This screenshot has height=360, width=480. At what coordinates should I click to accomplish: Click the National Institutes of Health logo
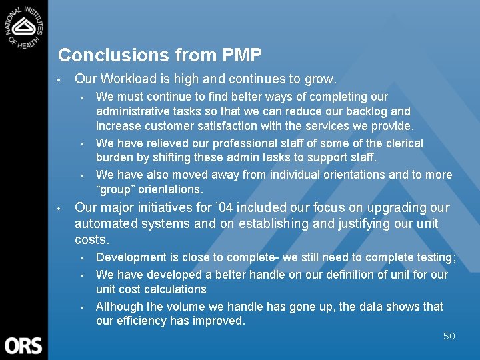click(23, 25)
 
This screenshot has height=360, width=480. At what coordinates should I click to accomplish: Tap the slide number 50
click(449, 336)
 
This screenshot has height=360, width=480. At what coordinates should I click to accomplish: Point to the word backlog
click(367, 111)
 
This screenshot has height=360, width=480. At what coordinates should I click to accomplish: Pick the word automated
click(103, 224)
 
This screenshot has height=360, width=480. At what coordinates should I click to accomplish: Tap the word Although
click(119, 307)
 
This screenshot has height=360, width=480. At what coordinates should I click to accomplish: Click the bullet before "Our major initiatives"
click(59, 208)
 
